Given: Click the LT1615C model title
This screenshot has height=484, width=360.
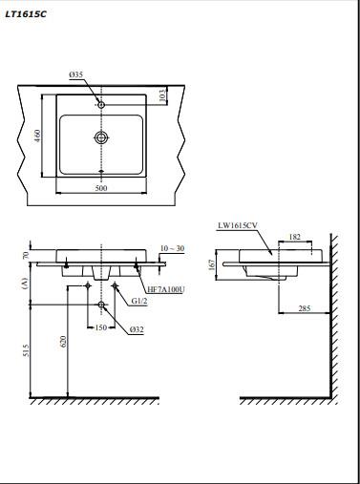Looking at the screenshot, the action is [26, 14].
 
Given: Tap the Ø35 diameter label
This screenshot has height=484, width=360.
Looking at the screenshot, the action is [76, 74].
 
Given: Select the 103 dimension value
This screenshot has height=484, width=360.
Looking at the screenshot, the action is [162, 95].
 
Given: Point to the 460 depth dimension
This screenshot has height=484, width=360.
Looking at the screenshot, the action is [37, 136].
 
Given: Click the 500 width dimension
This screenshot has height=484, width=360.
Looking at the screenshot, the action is [101, 188].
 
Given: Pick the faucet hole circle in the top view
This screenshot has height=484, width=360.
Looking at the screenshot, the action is [101, 104].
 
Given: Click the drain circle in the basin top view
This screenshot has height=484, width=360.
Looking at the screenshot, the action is [101, 137].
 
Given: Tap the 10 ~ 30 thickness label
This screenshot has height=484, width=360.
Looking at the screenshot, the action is [172, 248].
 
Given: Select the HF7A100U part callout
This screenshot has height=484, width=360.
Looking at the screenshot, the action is [166, 289].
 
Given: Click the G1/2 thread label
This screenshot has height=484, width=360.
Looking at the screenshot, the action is [139, 301].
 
